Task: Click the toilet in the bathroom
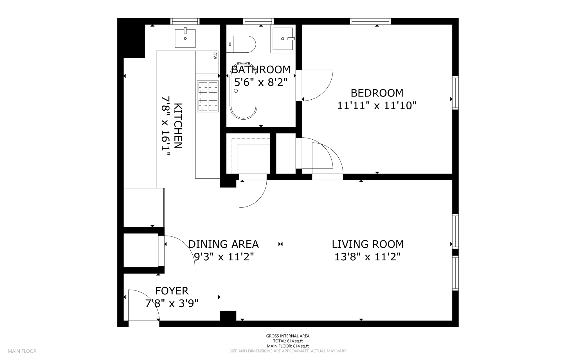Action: click(241, 44)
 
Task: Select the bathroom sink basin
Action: click(283, 39)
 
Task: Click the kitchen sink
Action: click(185, 38)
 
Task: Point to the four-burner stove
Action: click(208, 96)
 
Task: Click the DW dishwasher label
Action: click(215, 56)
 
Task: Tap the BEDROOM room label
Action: click(377, 93)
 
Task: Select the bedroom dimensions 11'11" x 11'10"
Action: click(377, 106)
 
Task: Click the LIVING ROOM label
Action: click(368, 244)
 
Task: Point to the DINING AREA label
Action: click(223, 244)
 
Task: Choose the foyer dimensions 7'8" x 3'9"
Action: click(172, 303)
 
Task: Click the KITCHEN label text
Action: click(178, 126)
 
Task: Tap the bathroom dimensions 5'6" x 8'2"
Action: click(261, 82)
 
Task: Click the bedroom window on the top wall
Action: click(370, 21)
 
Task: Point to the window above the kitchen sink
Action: click(185, 21)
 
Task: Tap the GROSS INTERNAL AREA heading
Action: click(288, 336)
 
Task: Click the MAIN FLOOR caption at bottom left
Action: click(22, 351)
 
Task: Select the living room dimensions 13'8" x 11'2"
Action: click(367, 257)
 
